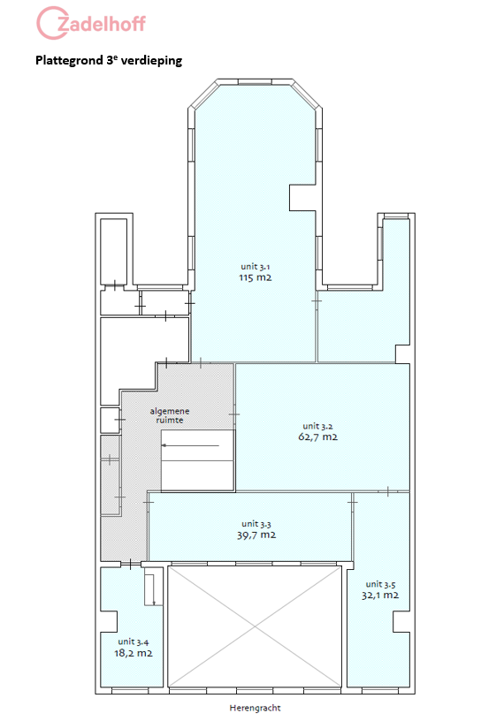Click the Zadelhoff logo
point(91,23)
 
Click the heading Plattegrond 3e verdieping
point(109,61)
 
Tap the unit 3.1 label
point(255,267)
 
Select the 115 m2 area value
point(255,277)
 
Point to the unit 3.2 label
point(317,426)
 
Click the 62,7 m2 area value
point(317,436)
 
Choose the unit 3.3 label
point(256,524)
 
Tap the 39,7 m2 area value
point(256,535)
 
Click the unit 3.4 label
point(133,641)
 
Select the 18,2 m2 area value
point(133,653)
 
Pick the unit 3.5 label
point(380,584)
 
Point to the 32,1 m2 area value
point(380,596)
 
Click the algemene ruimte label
point(170,415)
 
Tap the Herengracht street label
point(255,708)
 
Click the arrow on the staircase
point(190,445)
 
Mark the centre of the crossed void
point(255,626)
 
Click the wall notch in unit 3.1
point(302,198)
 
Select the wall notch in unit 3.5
point(401,622)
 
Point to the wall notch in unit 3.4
point(109,621)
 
